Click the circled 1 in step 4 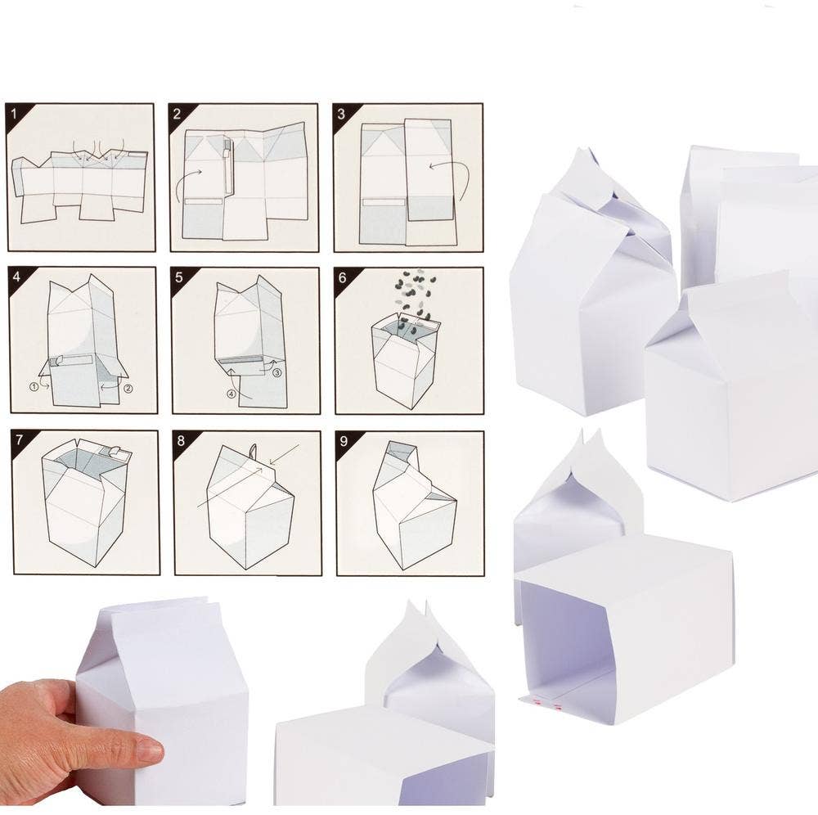coord(34,385)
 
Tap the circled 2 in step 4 coord(126,388)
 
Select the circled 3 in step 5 coord(276,372)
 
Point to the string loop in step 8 coord(253,452)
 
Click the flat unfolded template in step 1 coord(80,182)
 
